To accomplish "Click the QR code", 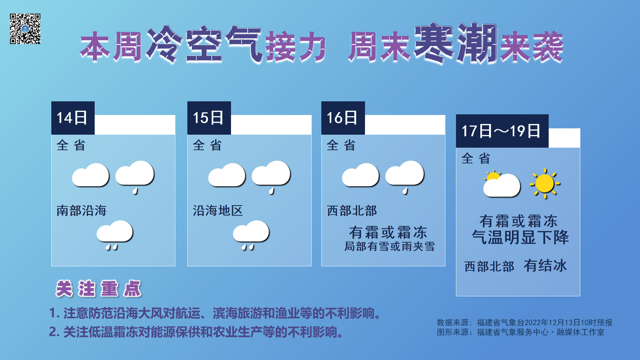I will (25, 29).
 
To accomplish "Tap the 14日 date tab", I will (73, 118).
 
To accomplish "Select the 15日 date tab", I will (209, 118).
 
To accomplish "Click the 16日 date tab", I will (343, 118).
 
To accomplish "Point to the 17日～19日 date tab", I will (502, 131).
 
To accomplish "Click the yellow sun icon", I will (545, 184).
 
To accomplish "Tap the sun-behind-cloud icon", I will (501, 184).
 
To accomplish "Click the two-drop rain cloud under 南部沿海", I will (114, 235).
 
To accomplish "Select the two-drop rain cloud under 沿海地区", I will (251, 235).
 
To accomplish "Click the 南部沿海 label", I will (82, 211).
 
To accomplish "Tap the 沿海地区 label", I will (218, 211).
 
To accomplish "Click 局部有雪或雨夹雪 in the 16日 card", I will (389, 247).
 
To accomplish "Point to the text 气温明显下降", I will (520, 237).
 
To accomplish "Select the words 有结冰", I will (545, 266).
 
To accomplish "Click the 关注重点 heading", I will (99, 289).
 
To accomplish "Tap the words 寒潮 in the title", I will (455, 43).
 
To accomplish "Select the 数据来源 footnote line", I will (524, 323).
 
